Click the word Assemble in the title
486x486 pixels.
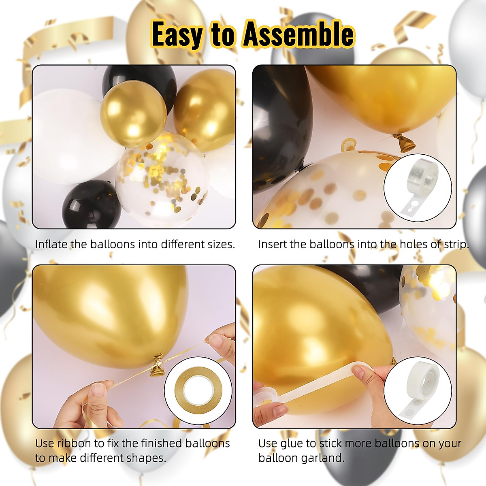[298, 35]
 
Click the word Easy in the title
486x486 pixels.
[177, 36]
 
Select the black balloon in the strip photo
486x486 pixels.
[279, 122]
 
